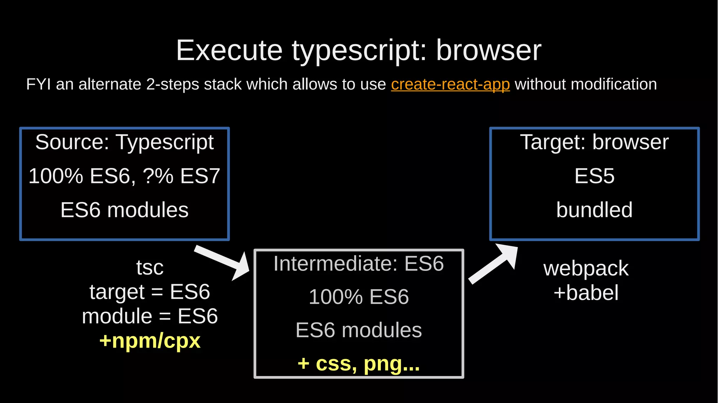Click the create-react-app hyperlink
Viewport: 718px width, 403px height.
click(450, 84)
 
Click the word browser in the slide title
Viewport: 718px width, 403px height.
click(489, 50)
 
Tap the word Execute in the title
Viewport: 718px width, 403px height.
click(229, 50)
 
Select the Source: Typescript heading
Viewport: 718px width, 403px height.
click(124, 142)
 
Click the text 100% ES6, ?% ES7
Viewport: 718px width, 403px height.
click(124, 176)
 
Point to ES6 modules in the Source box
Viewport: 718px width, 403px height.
click(124, 210)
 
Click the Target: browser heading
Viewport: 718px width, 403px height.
click(594, 142)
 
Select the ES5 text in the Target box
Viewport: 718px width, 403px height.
click(594, 176)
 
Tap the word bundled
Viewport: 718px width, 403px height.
click(594, 210)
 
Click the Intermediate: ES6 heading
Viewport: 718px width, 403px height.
click(359, 264)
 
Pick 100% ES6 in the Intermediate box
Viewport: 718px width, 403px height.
click(359, 297)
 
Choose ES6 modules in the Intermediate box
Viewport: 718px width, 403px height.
click(359, 330)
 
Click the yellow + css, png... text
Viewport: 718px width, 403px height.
click(359, 364)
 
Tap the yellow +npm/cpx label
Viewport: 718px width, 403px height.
click(150, 341)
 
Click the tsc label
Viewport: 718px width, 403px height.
click(150, 267)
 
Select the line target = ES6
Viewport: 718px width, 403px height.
click(150, 292)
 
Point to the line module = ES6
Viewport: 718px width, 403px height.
click(150, 316)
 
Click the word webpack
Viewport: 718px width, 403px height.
click(586, 268)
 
